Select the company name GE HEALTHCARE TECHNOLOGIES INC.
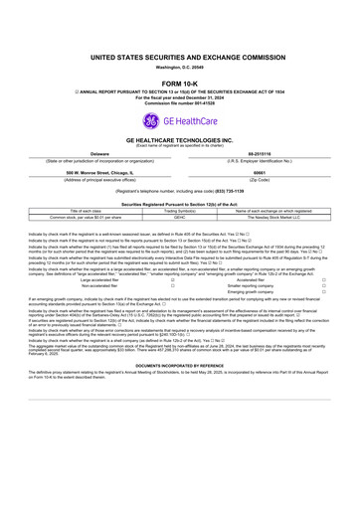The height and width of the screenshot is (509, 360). (180, 143)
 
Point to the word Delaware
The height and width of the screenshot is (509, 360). (91, 156)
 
